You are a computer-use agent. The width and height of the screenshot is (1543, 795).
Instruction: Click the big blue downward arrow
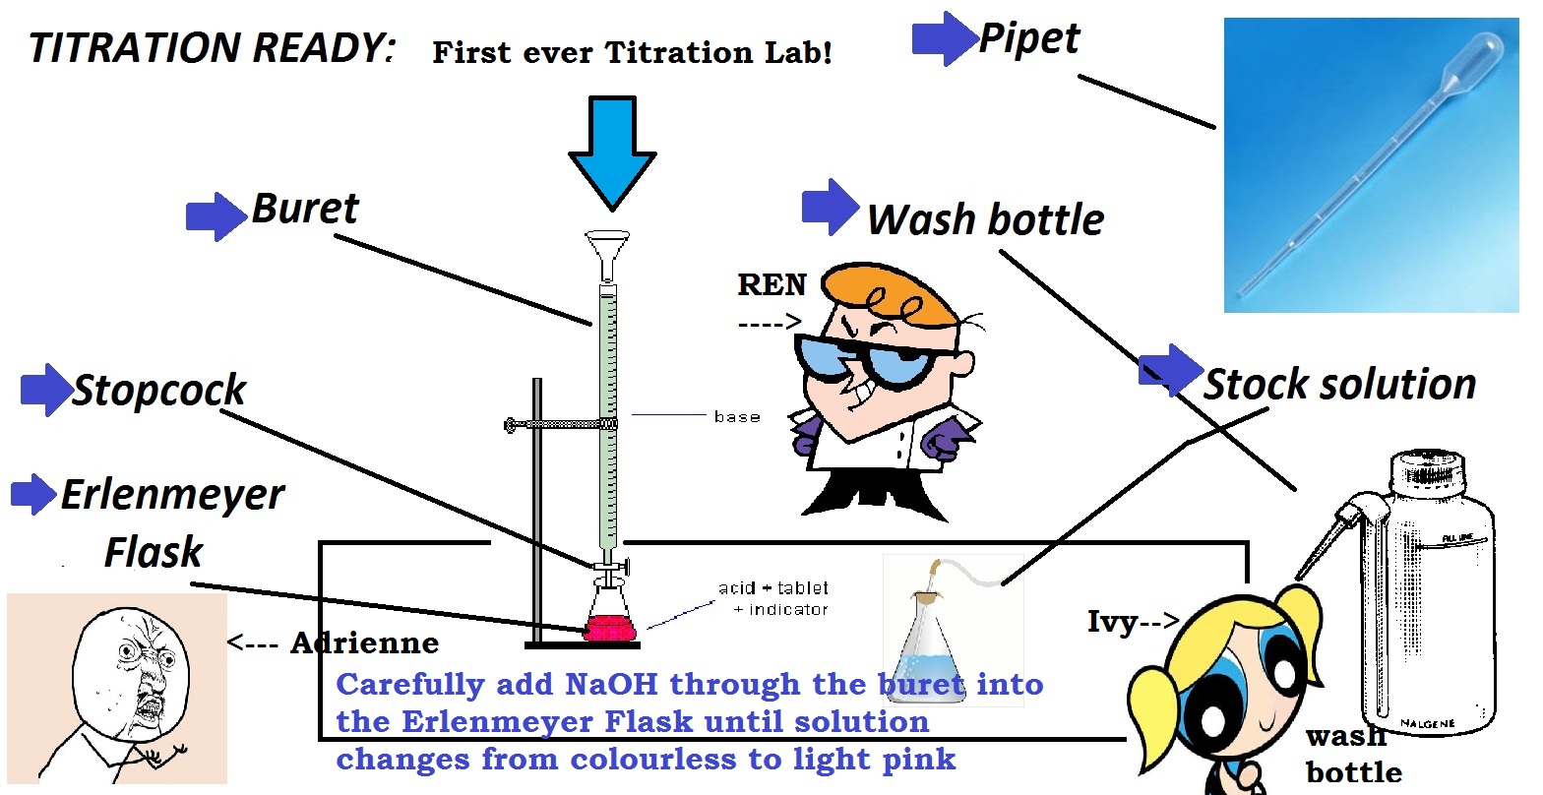click(x=612, y=153)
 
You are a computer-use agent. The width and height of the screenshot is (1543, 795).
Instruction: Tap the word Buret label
click(x=305, y=208)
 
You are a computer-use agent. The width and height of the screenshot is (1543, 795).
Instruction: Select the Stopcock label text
click(x=158, y=390)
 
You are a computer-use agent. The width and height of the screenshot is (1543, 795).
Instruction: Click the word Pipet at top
click(x=1029, y=38)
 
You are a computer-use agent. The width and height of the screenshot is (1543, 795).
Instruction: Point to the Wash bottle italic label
click(x=986, y=219)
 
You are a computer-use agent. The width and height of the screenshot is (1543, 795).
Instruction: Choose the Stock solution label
click(x=1340, y=384)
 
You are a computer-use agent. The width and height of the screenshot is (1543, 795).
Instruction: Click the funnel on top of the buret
click(x=607, y=256)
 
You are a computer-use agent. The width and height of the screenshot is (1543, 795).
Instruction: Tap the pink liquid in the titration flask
click(x=610, y=629)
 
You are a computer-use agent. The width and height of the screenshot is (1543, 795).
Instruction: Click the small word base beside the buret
click(x=737, y=417)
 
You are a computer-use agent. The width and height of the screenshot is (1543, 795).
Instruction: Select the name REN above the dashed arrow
click(x=771, y=284)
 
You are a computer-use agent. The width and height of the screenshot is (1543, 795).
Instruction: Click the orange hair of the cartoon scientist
click(x=890, y=294)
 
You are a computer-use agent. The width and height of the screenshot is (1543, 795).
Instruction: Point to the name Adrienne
click(x=364, y=642)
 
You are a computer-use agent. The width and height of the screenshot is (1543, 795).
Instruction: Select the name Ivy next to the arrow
click(x=1112, y=622)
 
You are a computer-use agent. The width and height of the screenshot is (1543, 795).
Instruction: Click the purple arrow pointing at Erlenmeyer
click(x=33, y=495)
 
